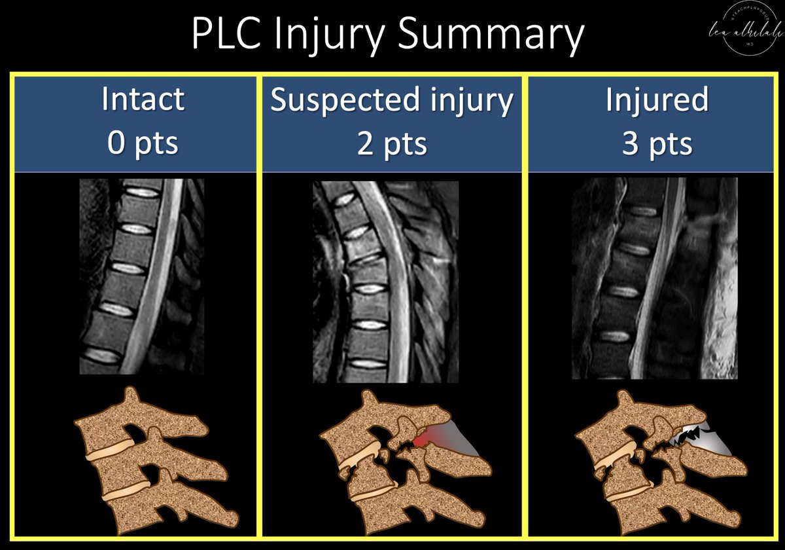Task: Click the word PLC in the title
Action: click(x=226, y=36)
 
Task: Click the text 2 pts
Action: click(x=392, y=142)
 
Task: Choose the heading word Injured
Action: click(x=656, y=100)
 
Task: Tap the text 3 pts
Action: click(x=656, y=142)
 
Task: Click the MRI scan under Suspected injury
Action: click(x=385, y=282)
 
